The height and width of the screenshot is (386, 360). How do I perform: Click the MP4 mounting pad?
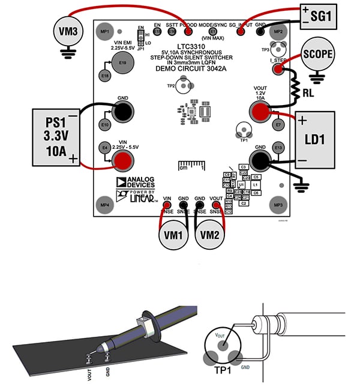106,205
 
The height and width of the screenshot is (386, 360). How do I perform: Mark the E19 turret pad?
122,62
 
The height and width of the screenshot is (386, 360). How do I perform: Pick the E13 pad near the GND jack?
278,147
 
